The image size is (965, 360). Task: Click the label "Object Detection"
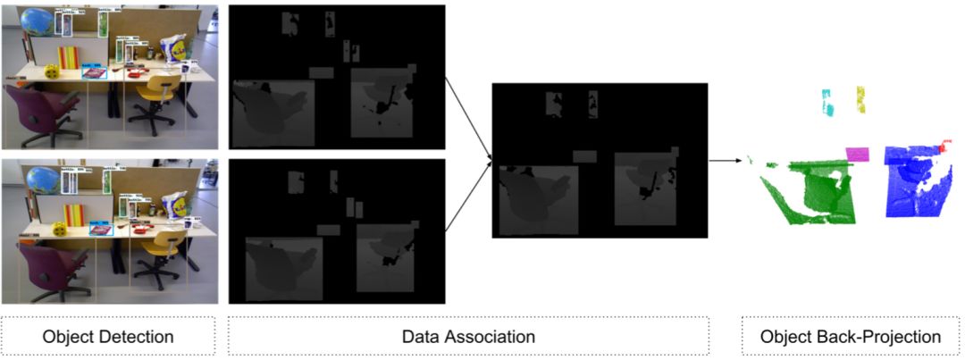tap(108, 337)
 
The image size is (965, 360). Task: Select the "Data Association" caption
tap(468, 337)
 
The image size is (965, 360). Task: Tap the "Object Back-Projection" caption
tap(850, 337)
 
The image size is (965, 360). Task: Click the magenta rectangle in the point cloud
tap(857, 154)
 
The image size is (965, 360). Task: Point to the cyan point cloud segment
tap(827, 105)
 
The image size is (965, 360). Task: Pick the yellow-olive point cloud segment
tap(861, 99)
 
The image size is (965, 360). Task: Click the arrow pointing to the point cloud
tap(726, 161)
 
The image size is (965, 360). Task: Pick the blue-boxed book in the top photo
tap(94, 74)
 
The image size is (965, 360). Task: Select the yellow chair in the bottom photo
tap(159, 251)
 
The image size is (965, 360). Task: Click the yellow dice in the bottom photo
tap(59, 230)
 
